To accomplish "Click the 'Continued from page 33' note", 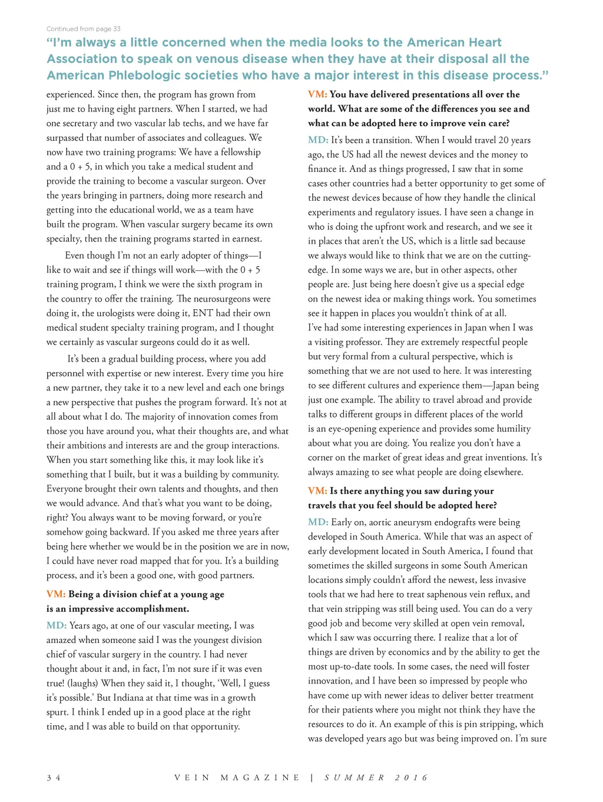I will click(x=84, y=29).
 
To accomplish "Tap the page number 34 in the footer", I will click(x=53, y=777).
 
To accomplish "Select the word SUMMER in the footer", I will click(x=354, y=777).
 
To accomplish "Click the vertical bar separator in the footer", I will click(x=312, y=777).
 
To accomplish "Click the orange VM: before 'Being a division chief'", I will click(x=56, y=594).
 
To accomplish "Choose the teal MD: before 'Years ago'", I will click(x=57, y=625).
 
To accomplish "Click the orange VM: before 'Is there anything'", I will click(x=317, y=491).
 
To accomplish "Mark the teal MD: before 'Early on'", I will click(x=318, y=522).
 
